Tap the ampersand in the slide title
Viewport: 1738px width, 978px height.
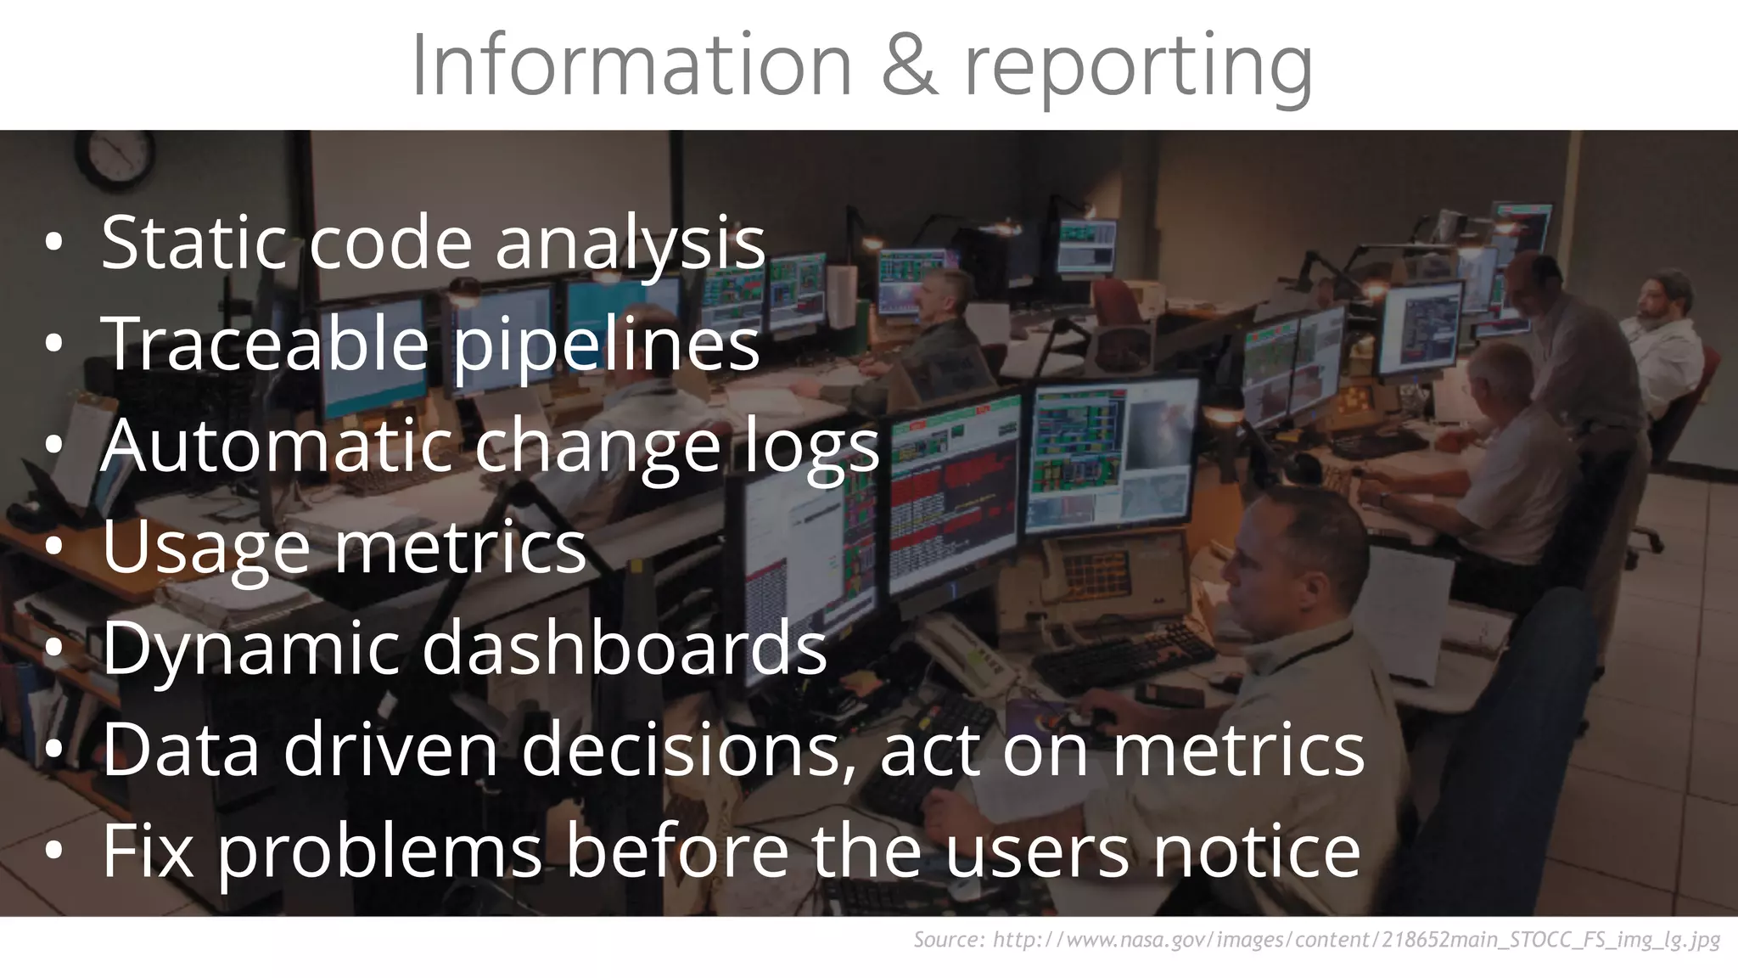click(x=909, y=66)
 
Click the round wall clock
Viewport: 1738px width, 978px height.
click(x=115, y=157)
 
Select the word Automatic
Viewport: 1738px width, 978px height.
click(x=276, y=447)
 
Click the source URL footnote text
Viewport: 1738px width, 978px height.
click(x=1316, y=940)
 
